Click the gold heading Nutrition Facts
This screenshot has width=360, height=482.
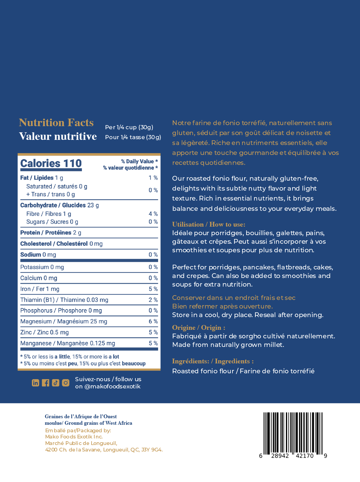56,122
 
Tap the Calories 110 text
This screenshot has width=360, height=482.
51,164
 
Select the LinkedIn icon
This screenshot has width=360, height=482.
35,383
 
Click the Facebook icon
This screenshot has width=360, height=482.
45,383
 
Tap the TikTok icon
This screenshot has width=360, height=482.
56,383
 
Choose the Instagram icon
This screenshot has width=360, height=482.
66,383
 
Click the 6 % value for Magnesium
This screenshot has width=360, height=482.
153,321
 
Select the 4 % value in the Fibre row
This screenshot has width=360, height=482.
153,214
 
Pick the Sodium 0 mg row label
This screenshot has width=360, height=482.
38,255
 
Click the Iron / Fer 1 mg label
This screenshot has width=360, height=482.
40,289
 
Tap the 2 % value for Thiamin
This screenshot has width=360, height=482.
153,300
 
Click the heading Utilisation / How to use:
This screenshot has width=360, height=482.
208,225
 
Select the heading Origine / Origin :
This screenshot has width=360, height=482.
199,328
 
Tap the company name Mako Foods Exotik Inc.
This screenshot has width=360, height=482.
74,437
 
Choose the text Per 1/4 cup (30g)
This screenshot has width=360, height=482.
129,127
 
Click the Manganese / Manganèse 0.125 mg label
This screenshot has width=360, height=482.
68,343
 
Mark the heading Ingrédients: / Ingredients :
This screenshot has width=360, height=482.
213,361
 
